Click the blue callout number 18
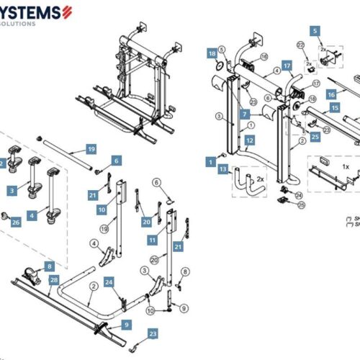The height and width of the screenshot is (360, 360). (x=212, y=53)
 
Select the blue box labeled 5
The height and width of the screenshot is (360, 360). (x=314, y=31)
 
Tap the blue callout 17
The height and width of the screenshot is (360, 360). (x=286, y=66)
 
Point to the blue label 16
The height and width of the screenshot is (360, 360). (x=331, y=94)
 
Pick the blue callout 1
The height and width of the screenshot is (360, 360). (x=211, y=162)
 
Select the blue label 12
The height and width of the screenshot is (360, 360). (x=249, y=140)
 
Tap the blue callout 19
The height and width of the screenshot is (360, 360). (x=91, y=149)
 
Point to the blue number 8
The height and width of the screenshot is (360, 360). (x=50, y=266)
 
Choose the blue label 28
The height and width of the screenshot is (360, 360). (x=53, y=278)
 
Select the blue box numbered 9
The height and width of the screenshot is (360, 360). (x=126, y=325)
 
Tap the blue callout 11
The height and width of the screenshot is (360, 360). (x=152, y=238)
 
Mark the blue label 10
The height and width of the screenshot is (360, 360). (x=102, y=210)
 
